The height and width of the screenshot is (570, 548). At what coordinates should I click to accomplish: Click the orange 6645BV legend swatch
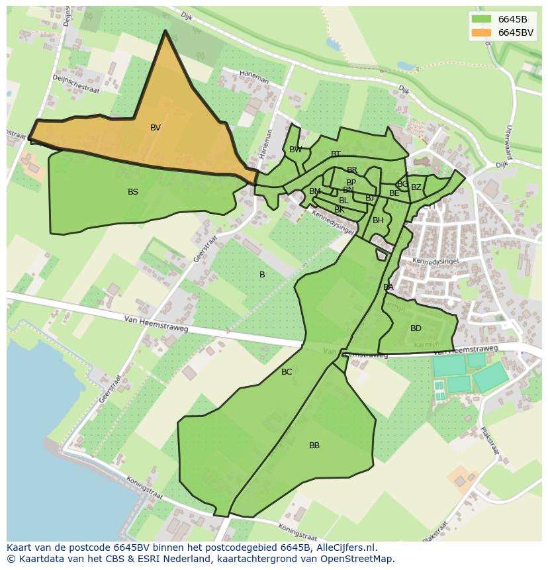click(482, 32)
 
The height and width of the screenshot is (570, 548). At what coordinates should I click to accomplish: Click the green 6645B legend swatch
click(482, 19)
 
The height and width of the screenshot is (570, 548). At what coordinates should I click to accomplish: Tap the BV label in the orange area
click(156, 128)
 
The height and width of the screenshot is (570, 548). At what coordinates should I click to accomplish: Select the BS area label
click(133, 192)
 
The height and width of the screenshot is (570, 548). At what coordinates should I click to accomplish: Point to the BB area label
click(314, 446)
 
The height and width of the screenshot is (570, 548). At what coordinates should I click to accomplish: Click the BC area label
click(287, 372)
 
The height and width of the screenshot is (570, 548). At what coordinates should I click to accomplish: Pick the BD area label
click(416, 328)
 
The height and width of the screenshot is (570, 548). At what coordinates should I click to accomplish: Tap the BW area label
click(296, 150)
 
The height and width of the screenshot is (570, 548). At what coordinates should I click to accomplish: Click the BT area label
click(336, 154)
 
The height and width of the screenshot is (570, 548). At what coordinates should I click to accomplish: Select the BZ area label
click(416, 187)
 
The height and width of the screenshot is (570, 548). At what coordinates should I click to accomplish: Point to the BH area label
click(378, 220)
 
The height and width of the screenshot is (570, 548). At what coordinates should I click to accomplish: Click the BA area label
click(388, 287)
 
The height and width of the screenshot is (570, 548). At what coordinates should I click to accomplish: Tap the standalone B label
click(262, 275)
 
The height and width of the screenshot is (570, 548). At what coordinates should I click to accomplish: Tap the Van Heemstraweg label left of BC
click(156, 324)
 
